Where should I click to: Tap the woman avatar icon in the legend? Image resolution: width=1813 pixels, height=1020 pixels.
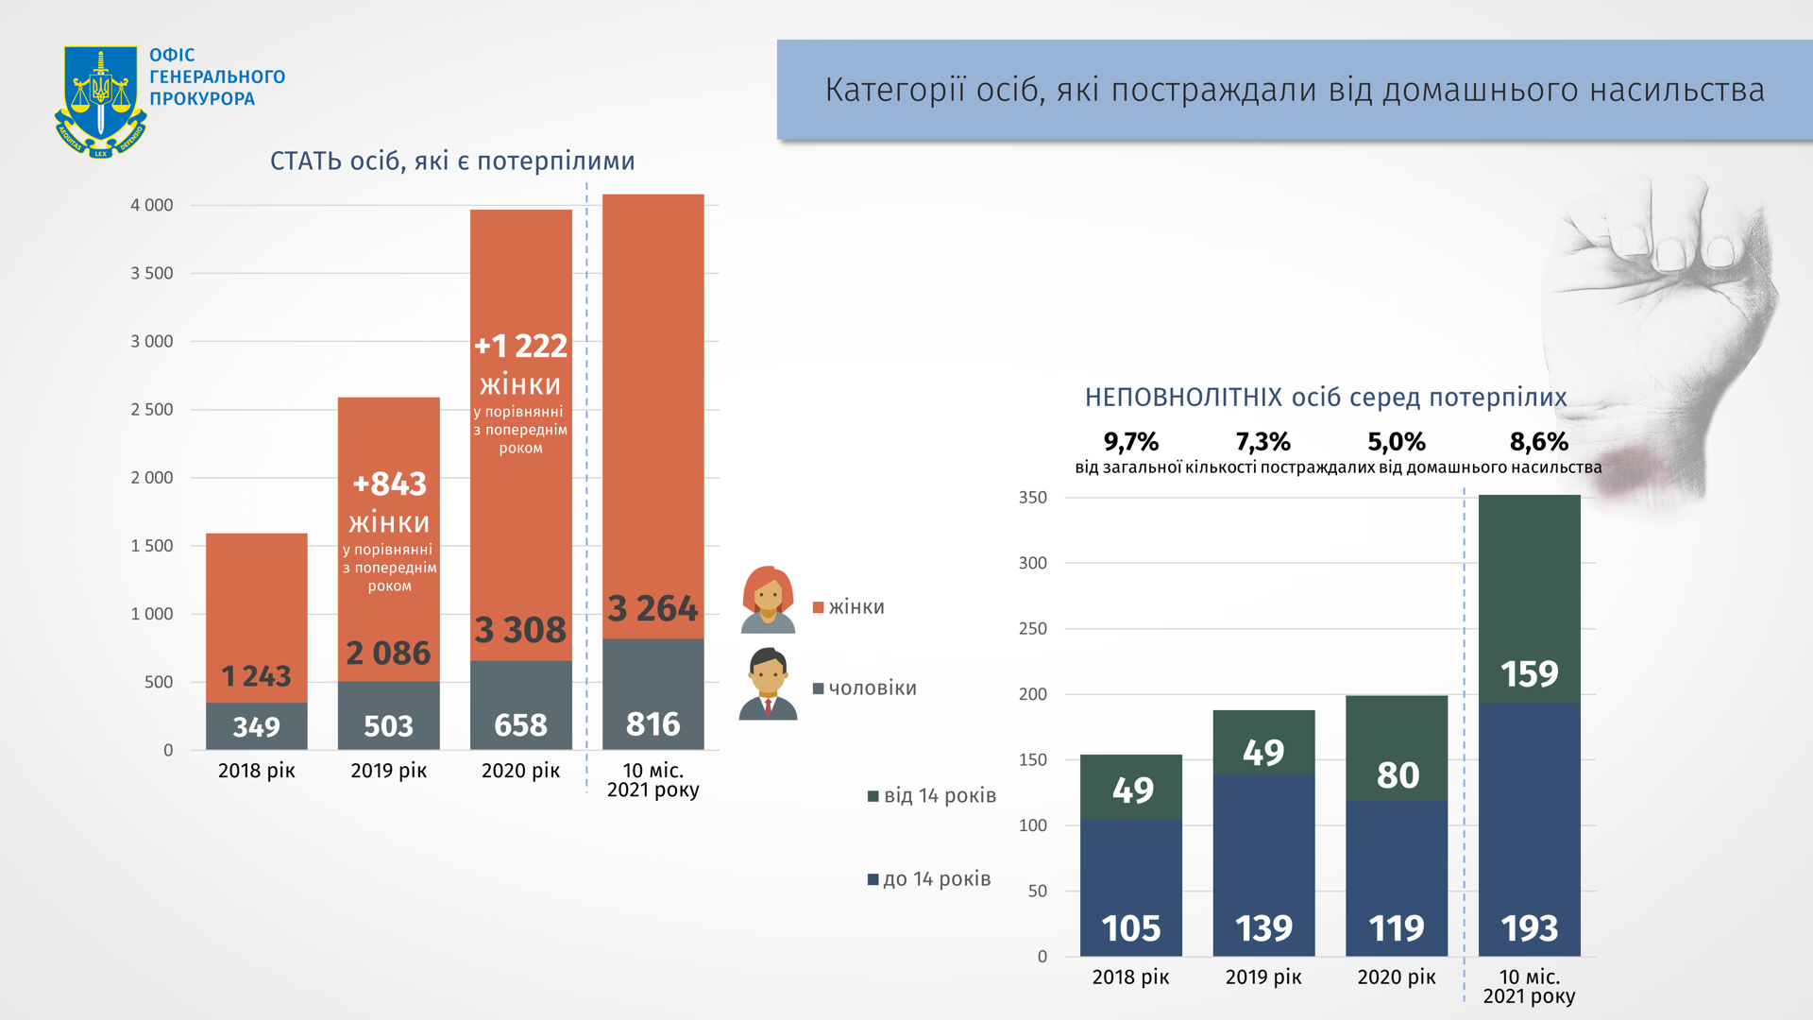coord(768,600)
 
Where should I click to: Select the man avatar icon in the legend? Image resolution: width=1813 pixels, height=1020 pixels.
coord(768,684)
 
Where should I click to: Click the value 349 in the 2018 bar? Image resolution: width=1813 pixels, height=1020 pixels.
coord(256,726)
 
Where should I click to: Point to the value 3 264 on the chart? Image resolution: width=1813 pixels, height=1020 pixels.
coord(652,608)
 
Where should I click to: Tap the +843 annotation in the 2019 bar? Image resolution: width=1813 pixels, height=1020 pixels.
coord(389,484)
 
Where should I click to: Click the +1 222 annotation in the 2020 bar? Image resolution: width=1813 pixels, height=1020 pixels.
coord(520,346)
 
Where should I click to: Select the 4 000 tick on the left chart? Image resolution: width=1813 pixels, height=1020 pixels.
coord(152,205)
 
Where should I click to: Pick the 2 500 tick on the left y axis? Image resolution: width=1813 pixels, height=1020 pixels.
coord(152,409)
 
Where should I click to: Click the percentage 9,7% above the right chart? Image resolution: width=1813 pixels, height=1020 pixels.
coord(1130,441)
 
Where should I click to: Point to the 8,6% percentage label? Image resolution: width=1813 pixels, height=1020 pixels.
coord(1538,441)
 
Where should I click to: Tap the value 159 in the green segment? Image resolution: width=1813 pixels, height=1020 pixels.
coord(1529,673)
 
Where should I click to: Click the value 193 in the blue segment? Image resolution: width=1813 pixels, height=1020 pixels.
coord(1529,928)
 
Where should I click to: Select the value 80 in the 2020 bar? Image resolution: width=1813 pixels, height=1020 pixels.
coord(1398,775)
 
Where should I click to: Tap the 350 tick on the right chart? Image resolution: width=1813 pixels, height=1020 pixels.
coord(1032,498)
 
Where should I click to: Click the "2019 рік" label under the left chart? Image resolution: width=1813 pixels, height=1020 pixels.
coord(388,771)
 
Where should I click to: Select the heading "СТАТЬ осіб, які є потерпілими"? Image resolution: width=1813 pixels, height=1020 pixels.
coord(452,161)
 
